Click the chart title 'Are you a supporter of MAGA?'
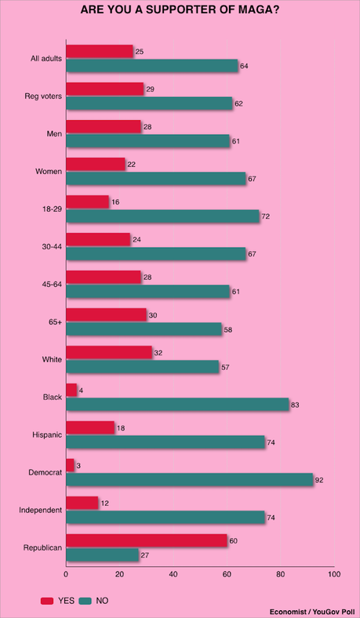click(180, 13)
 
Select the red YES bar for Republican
click(147, 540)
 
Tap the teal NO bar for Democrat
click(190, 479)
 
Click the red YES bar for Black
click(71, 390)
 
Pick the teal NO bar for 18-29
click(163, 216)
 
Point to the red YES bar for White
click(109, 352)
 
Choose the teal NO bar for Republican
click(103, 555)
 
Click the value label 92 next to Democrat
click(321, 479)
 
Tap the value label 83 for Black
click(296, 405)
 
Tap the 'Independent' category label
click(41, 510)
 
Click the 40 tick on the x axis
click(173, 573)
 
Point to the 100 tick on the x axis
click(334, 573)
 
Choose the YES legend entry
click(60, 600)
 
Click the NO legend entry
click(96, 600)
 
